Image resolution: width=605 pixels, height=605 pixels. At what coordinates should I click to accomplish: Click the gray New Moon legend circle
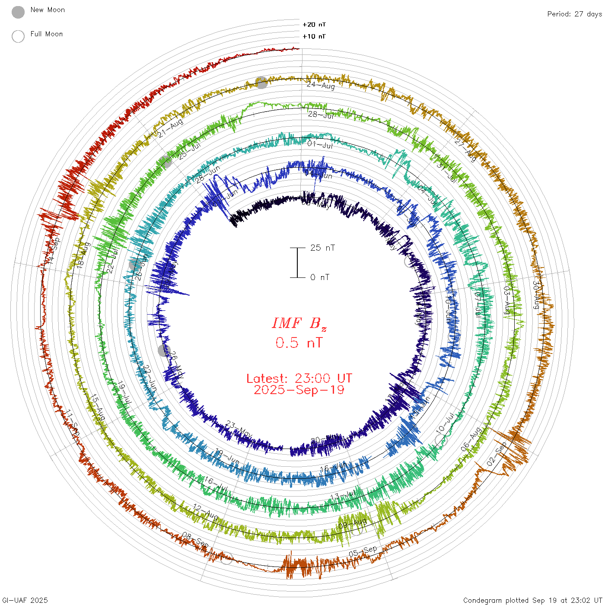click(x=18, y=13)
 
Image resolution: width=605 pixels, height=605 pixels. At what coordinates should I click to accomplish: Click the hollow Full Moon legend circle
click(x=18, y=36)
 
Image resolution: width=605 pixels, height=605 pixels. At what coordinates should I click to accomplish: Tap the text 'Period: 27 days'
click(x=574, y=14)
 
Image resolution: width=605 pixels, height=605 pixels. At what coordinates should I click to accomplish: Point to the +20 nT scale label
click(x=314, y=25)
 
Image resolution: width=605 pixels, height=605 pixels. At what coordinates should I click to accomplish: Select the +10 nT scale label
click(x=314, y=36)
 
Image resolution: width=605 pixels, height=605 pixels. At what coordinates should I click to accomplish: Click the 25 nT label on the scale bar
click(x=322, y=248)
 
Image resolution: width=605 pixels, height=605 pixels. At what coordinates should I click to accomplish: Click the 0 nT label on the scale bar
click(x=320, y=277)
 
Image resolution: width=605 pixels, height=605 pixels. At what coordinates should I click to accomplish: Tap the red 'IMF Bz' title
click(x=299, y=323)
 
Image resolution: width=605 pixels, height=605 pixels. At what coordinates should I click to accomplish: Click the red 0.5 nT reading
click(x=299, y=343)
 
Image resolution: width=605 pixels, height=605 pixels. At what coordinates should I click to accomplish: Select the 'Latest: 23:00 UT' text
click(x=299, y=378)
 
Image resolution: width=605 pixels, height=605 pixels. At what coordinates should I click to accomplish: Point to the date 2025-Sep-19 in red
click(x=299, y=390)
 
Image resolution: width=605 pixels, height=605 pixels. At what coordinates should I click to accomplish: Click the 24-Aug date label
click(x=321, y=85)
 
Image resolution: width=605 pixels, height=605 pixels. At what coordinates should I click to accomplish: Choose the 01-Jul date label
click(x=320, y=144)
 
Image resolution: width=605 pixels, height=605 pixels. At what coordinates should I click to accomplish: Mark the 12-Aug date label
click(x=205, y=512)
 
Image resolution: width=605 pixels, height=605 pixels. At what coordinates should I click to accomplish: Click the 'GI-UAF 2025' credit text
click(x=25, y=600)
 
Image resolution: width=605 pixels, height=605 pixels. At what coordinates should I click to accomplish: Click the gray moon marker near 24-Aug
click(x=261, y=83)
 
